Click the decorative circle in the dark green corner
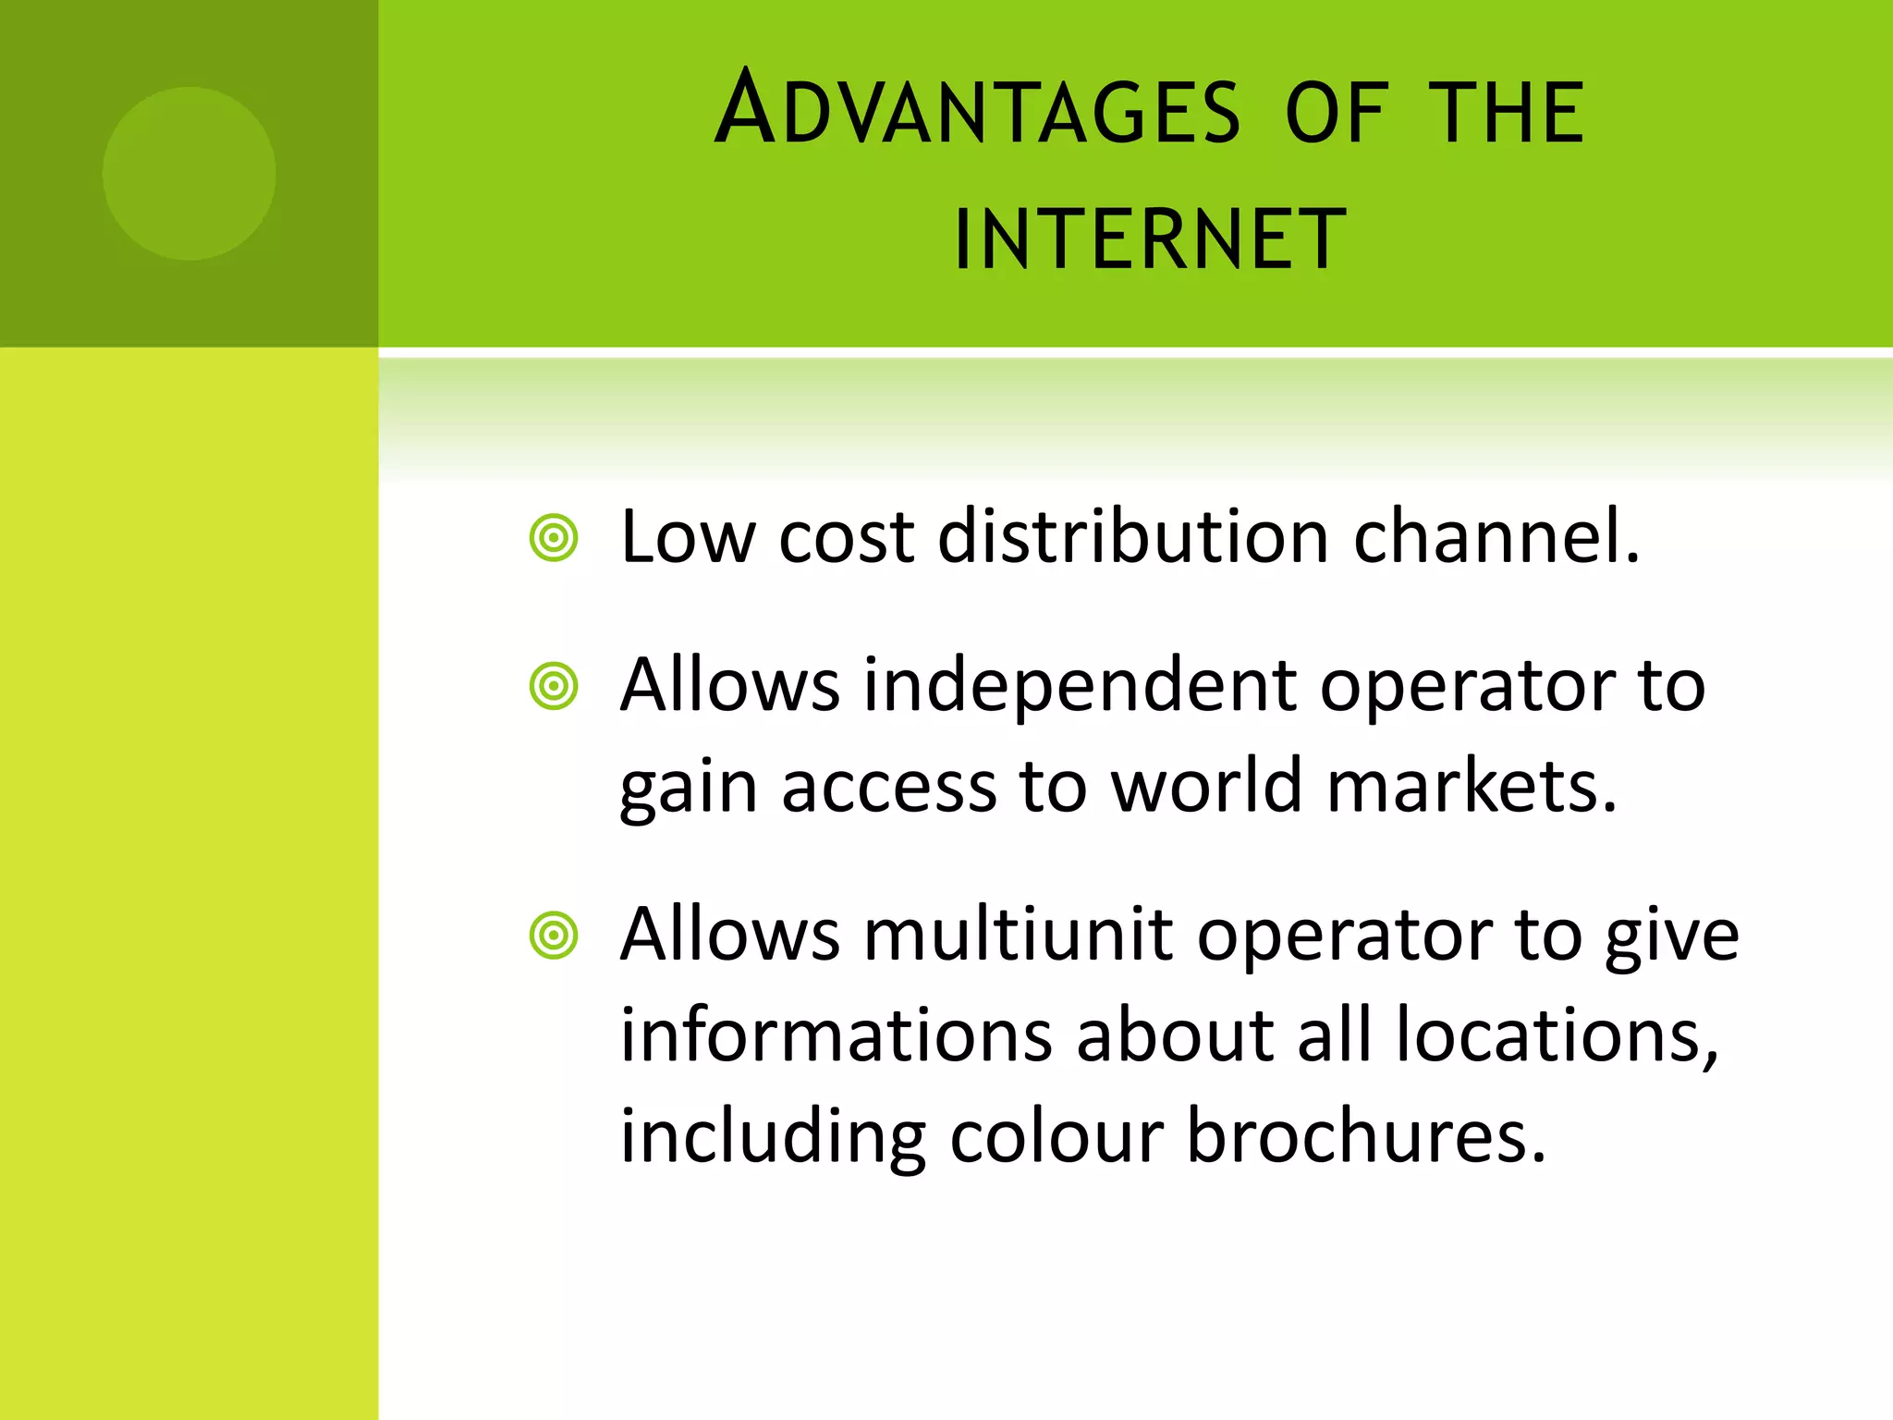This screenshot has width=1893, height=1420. (x=189, y=174)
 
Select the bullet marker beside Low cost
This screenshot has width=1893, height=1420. (x=554, y=538)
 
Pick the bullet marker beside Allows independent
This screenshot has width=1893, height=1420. (x=554, y=687)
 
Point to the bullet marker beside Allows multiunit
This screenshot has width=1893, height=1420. (x=554, y=936)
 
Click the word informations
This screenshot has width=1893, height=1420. (x=836, y=1034)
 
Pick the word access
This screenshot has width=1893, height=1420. (x=888, y=788)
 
